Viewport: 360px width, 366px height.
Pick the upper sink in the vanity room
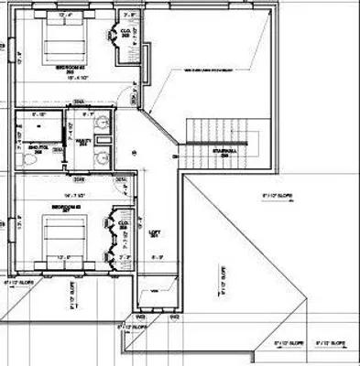104,126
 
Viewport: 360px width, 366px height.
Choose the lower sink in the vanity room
104,156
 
